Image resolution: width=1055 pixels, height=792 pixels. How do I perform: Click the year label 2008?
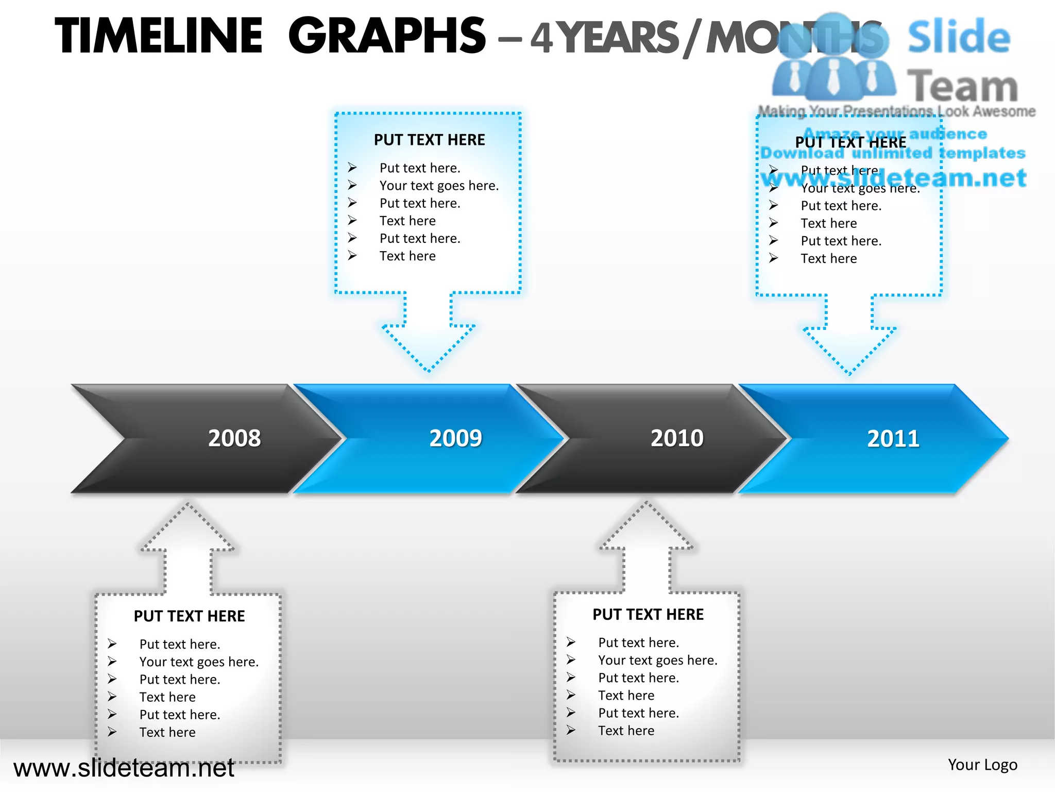(234, 438)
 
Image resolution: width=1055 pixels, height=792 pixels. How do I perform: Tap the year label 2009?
(456, 438)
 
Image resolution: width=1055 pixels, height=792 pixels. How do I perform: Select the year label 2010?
(677, 438)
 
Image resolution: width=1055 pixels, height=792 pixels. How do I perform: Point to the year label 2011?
(893, 439)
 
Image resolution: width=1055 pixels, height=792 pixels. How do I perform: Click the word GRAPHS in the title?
(387, 36)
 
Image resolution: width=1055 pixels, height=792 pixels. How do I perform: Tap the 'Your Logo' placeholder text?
(982, 765)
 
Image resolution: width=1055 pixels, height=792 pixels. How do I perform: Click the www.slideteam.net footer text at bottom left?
(124, 768)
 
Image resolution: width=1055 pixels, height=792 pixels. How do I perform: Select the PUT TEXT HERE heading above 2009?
(429, 140)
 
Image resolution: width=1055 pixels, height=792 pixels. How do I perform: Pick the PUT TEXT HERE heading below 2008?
(189, 616)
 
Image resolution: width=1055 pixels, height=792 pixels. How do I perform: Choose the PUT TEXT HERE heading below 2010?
(648, 615)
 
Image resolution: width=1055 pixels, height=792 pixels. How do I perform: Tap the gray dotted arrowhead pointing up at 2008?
(188, 526)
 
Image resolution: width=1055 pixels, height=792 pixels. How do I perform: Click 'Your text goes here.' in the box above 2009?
(439, 186)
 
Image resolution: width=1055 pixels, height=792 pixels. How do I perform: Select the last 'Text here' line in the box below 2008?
(167, 732)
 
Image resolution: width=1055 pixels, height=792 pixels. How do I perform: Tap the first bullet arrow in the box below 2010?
(571, 642)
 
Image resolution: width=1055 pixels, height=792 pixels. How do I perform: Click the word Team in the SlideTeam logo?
(962, 87)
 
